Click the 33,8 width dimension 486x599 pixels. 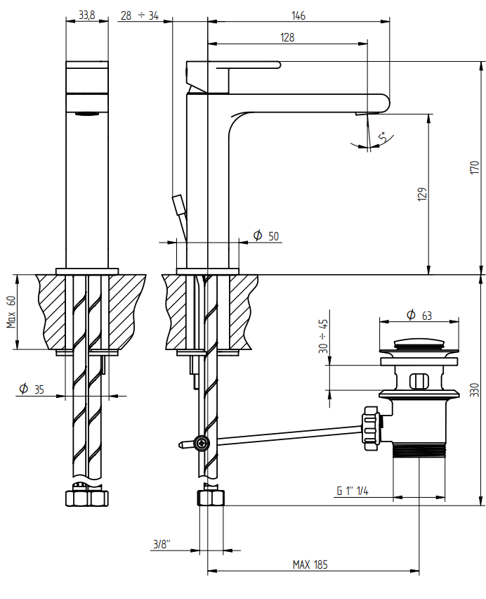coord(86,15)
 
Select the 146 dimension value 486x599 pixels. coord(298,15)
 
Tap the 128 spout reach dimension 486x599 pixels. coord(287,37)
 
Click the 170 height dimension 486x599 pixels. coord(475,168)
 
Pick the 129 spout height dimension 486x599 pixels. coord(422,194)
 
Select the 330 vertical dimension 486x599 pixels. coord(474,389)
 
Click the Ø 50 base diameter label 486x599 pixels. coord(266,236)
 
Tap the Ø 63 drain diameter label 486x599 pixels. coord(419,315)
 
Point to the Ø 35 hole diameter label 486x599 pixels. coord(32,389)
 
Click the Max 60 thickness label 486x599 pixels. coord(11,311)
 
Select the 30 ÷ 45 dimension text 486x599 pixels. coord(323,336)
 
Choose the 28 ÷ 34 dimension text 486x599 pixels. coord(140,15)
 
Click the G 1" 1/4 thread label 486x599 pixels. coord(353,491)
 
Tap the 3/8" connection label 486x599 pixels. coord(162,543)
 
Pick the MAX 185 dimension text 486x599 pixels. coord(310,565)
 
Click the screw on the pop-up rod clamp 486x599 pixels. coord(201,443)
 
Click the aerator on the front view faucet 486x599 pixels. coord(87,113)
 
